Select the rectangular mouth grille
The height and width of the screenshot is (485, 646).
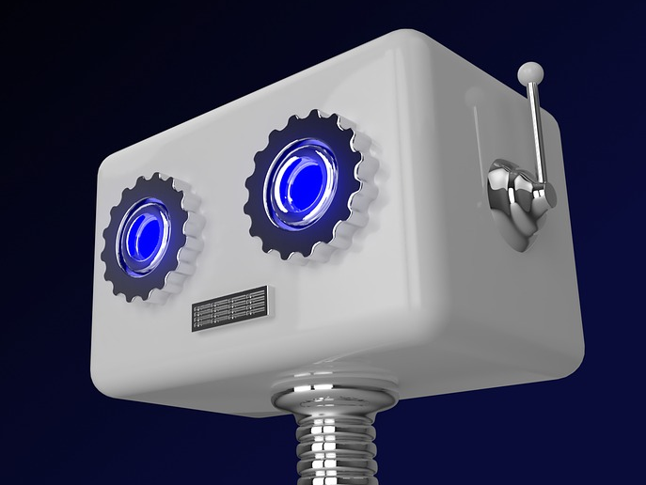point(229,309)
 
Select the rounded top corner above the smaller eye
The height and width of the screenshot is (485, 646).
point(113,160)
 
